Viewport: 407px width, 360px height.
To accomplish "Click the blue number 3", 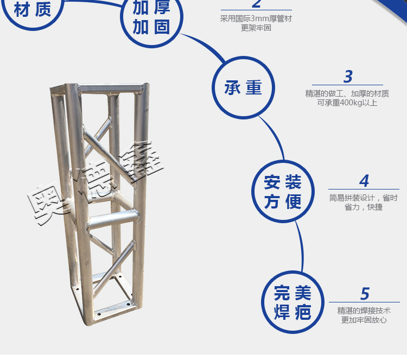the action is point(348,77).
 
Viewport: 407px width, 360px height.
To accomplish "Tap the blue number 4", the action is point(364,181).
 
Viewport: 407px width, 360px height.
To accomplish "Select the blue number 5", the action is point(365,294).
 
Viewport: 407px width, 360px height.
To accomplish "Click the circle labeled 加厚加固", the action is point(151,47).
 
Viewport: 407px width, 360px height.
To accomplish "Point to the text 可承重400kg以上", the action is point(347,103).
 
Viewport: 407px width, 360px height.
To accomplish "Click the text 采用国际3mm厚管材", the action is point(256,18).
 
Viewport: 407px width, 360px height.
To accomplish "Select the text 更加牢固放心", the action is point(364,320).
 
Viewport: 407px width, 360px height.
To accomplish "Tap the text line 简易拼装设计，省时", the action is point(364,198).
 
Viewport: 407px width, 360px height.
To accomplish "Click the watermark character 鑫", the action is point(140,161).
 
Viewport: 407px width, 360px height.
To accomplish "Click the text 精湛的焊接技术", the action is point(364,311).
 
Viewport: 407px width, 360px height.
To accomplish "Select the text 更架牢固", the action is point(256,28).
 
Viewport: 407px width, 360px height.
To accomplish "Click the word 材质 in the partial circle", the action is point(33,10).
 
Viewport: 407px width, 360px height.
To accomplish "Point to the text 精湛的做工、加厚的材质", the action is point(347,93).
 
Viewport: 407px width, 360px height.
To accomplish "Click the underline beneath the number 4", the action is point(364,190).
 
